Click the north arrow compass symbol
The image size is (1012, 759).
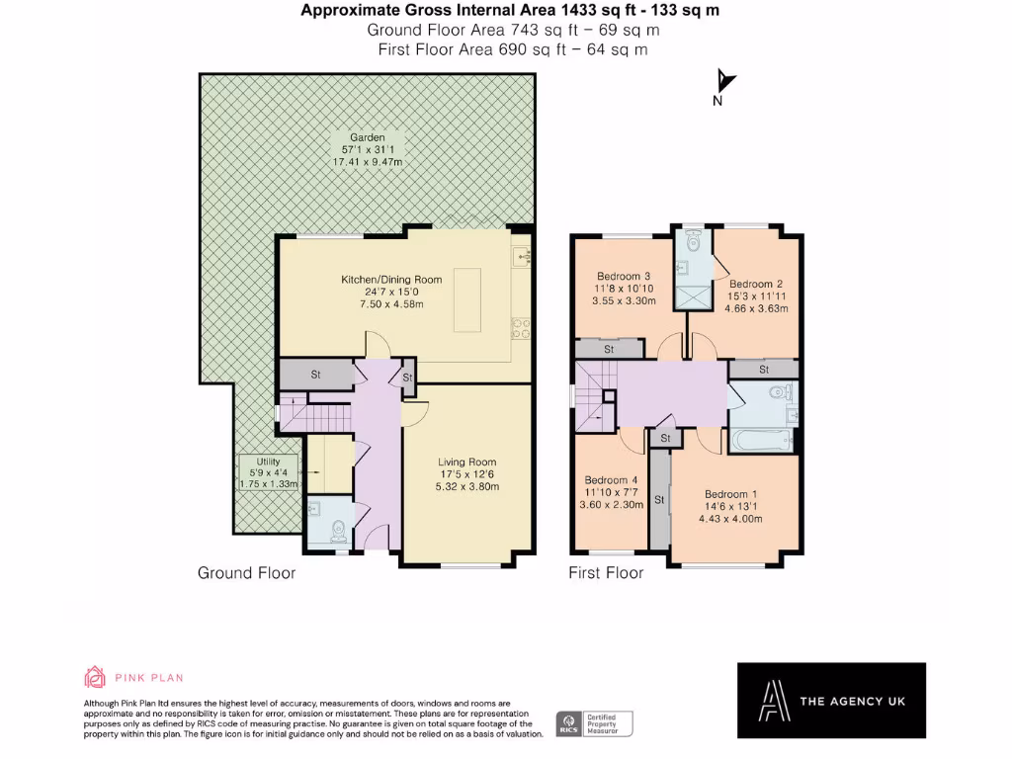pos(725,82)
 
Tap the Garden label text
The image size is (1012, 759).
pos(367,149)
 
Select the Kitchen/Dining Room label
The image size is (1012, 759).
pos(391,292)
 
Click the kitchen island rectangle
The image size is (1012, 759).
pos(466,300)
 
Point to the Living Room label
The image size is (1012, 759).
pos(468,473)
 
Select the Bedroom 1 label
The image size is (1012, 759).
pos(731,506)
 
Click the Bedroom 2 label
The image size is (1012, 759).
pos(758,295)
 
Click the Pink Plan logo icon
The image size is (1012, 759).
pos(95,677)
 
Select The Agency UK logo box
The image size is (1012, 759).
pos(831,701)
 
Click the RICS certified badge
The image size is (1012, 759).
pos(593,722)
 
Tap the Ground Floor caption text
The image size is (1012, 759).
pos(246,572)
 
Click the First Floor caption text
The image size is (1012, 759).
pos(606,572)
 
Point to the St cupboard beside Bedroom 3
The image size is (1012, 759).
pos(609,349)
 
